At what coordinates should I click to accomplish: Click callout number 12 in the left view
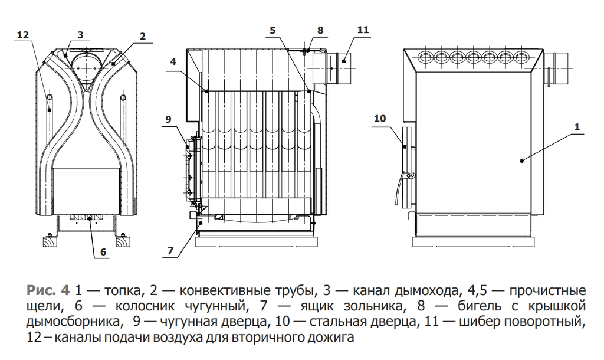[x=23, y=35]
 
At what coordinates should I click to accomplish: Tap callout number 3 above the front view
[x=80, y=35]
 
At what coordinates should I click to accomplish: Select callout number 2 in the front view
[x=143, y=36]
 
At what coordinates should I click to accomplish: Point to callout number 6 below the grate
[x=103, y=252]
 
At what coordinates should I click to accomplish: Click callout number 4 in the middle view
[x=173, y=61]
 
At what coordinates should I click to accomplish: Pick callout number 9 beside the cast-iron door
[x=168, y=119]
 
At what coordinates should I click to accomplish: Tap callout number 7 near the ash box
[x=170, y=251]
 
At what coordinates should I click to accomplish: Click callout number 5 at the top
[x=273, y=30]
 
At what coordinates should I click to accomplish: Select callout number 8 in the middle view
[x=320, y=30]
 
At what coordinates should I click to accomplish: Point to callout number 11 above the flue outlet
[x=363, y=30]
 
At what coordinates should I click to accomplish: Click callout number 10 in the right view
[x=380, y=119]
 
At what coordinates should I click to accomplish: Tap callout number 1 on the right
[x=577, y=127]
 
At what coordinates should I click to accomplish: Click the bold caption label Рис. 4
[x=48, y=290]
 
